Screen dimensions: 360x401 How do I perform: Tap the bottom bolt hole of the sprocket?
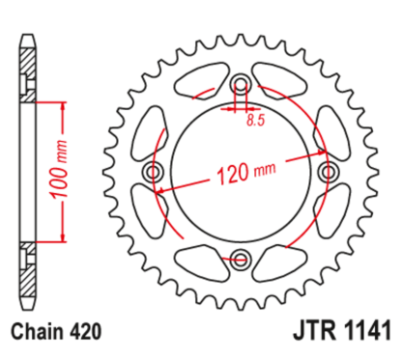[239, 258]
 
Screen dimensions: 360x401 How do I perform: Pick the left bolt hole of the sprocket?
[151, 171]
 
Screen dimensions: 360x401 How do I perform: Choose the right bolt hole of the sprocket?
[327, 171]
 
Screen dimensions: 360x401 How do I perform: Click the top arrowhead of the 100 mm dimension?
[63, 101]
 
